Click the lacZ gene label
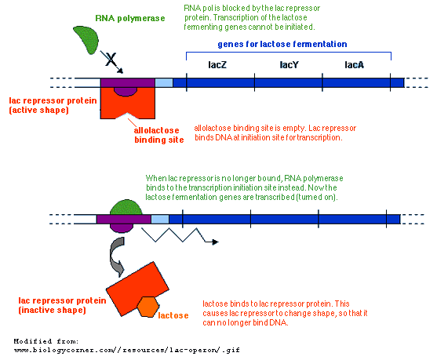[217, 65]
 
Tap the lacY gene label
[290, 65]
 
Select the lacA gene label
[354, 65]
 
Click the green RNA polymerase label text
[130, 18]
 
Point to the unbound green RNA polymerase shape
[87, 38]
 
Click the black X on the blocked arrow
[111, 59]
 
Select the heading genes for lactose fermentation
[282, 44]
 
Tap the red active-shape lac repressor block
[127, 103]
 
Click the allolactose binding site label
[159, 135]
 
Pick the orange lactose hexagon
[147, 307]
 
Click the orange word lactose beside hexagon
[173, 315]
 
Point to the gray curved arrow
[115, 256]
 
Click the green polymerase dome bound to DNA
[126, 207]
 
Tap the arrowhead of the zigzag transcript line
[215, 242]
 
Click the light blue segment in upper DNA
[164, 83]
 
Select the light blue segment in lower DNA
[160, 219]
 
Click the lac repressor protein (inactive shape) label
[62, 305]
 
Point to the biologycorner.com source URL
[127, 350]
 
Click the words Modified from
[46, 341]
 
